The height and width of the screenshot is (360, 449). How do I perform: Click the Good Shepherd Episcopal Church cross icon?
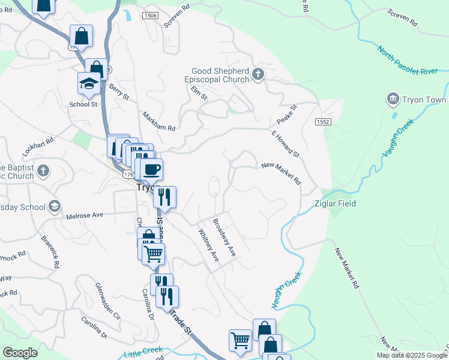[x=258, y=74]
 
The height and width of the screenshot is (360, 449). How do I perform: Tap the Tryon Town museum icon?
[x=393, y=98]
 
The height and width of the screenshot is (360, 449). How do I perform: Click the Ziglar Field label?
[x=336, y=203]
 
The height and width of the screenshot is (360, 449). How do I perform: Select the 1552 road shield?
[x=322, y=122]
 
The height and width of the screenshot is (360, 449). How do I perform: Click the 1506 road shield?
[x=150, y=15]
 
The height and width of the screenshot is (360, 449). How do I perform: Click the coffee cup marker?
[x=152, y=169]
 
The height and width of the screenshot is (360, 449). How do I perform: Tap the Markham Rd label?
[x=158, y=121]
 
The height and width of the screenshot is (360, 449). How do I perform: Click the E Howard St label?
[x=285, y=145]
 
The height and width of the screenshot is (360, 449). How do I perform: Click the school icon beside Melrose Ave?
[x=55, y=207]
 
